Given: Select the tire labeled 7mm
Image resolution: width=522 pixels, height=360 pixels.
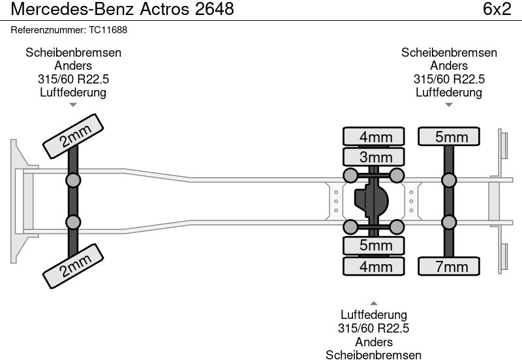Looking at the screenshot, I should [x=448, y=267].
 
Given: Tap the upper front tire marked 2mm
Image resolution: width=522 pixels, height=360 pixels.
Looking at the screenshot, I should [x=74, y=136].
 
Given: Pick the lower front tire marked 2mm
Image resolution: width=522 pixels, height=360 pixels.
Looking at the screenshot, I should [x=74, y=264].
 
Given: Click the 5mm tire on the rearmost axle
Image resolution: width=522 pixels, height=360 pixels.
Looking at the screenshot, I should [x=448, y=136].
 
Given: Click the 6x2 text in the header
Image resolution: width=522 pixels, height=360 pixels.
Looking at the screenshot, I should [x=497, y=10].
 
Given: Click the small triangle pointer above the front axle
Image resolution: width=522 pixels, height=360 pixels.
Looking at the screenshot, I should [x=73, y=105].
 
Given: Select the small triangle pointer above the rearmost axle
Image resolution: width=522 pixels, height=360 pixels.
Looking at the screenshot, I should [x=448, y=105].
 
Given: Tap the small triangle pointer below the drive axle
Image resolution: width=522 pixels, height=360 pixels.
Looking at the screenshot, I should [x=373, y=303].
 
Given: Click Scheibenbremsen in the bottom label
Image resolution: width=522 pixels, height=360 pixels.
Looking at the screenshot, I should [x=373, y=354].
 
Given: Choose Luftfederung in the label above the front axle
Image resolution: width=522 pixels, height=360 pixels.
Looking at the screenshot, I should [x=73, y=92].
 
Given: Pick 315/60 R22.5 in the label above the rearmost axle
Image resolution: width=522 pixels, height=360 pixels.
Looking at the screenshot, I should [x=449, y=79].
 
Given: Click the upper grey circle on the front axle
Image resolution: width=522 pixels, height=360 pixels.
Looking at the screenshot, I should [x=73, y=180].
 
